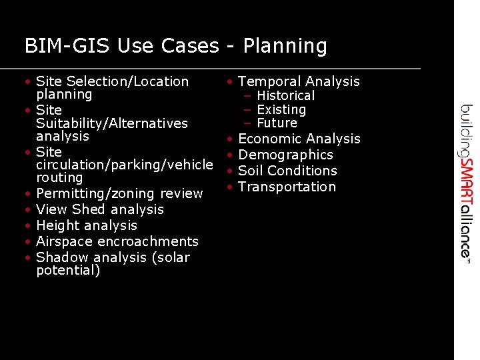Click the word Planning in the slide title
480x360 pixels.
click(x=285, y=47)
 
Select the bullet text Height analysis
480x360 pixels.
click(x=87, y=225)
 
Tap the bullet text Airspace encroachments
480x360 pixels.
click(x=117, y=241)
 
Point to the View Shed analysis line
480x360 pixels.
click(x=100, y=209)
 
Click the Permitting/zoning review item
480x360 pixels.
click(x=119, y=193)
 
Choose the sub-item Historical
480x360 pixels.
click(x=285, y=96)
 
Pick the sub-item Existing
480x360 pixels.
click(x=281, y=109)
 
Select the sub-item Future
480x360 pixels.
click(x=277, y=123)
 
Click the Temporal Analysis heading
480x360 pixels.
click(x=299, y=81)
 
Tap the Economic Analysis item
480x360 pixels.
click(x=299, y=139)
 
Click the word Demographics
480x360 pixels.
click(x=285, y=155)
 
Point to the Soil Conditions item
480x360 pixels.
click(x=287, y=171)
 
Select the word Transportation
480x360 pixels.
click(x=287, y=187)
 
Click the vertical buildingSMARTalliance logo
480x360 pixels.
click(x=467, y=181)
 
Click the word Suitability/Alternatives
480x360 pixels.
click(x=111, y=123)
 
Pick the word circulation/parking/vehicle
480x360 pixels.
click(x=124, y=165)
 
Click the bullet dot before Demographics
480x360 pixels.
click(x=229, y=155)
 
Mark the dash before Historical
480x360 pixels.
click(x=247, y=96)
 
